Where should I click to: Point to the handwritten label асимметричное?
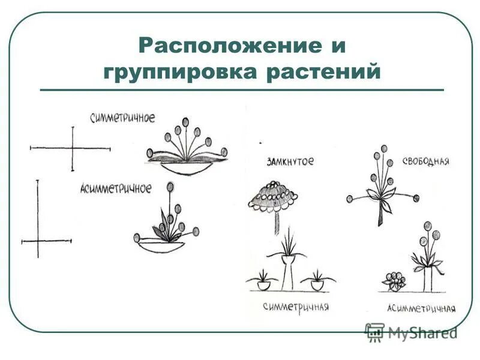tap(116, 188)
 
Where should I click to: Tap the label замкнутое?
tap(290, 162)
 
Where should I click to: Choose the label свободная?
tap(425, 163)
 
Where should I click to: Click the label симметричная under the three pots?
tap(296, 307)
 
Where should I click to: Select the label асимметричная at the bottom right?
tap(421, 308)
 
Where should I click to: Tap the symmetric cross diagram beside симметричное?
tap(72, 148)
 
